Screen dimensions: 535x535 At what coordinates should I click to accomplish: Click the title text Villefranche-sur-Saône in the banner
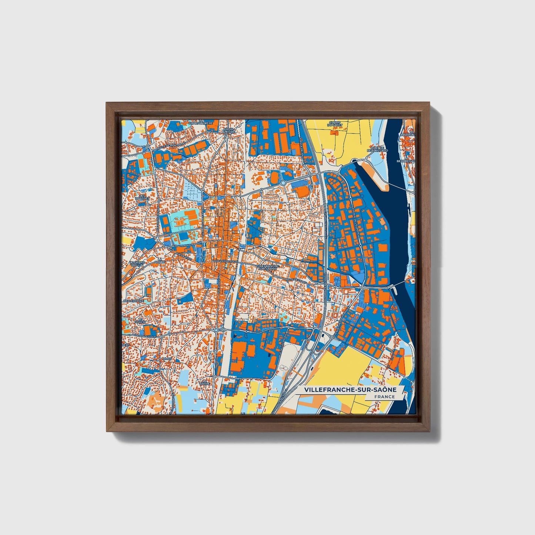[350, 390]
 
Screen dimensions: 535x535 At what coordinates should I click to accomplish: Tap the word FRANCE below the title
[384, 397]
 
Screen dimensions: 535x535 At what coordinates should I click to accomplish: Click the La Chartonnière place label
[201, 122]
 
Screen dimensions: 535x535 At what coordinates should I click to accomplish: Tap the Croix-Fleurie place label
[230, 131]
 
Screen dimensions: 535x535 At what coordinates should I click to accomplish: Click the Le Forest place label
[140, 321]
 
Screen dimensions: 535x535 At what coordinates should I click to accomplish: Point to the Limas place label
[167, 359]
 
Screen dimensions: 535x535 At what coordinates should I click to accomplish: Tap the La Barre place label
[204, 382]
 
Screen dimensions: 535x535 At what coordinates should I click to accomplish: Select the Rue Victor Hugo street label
[223, 261]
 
